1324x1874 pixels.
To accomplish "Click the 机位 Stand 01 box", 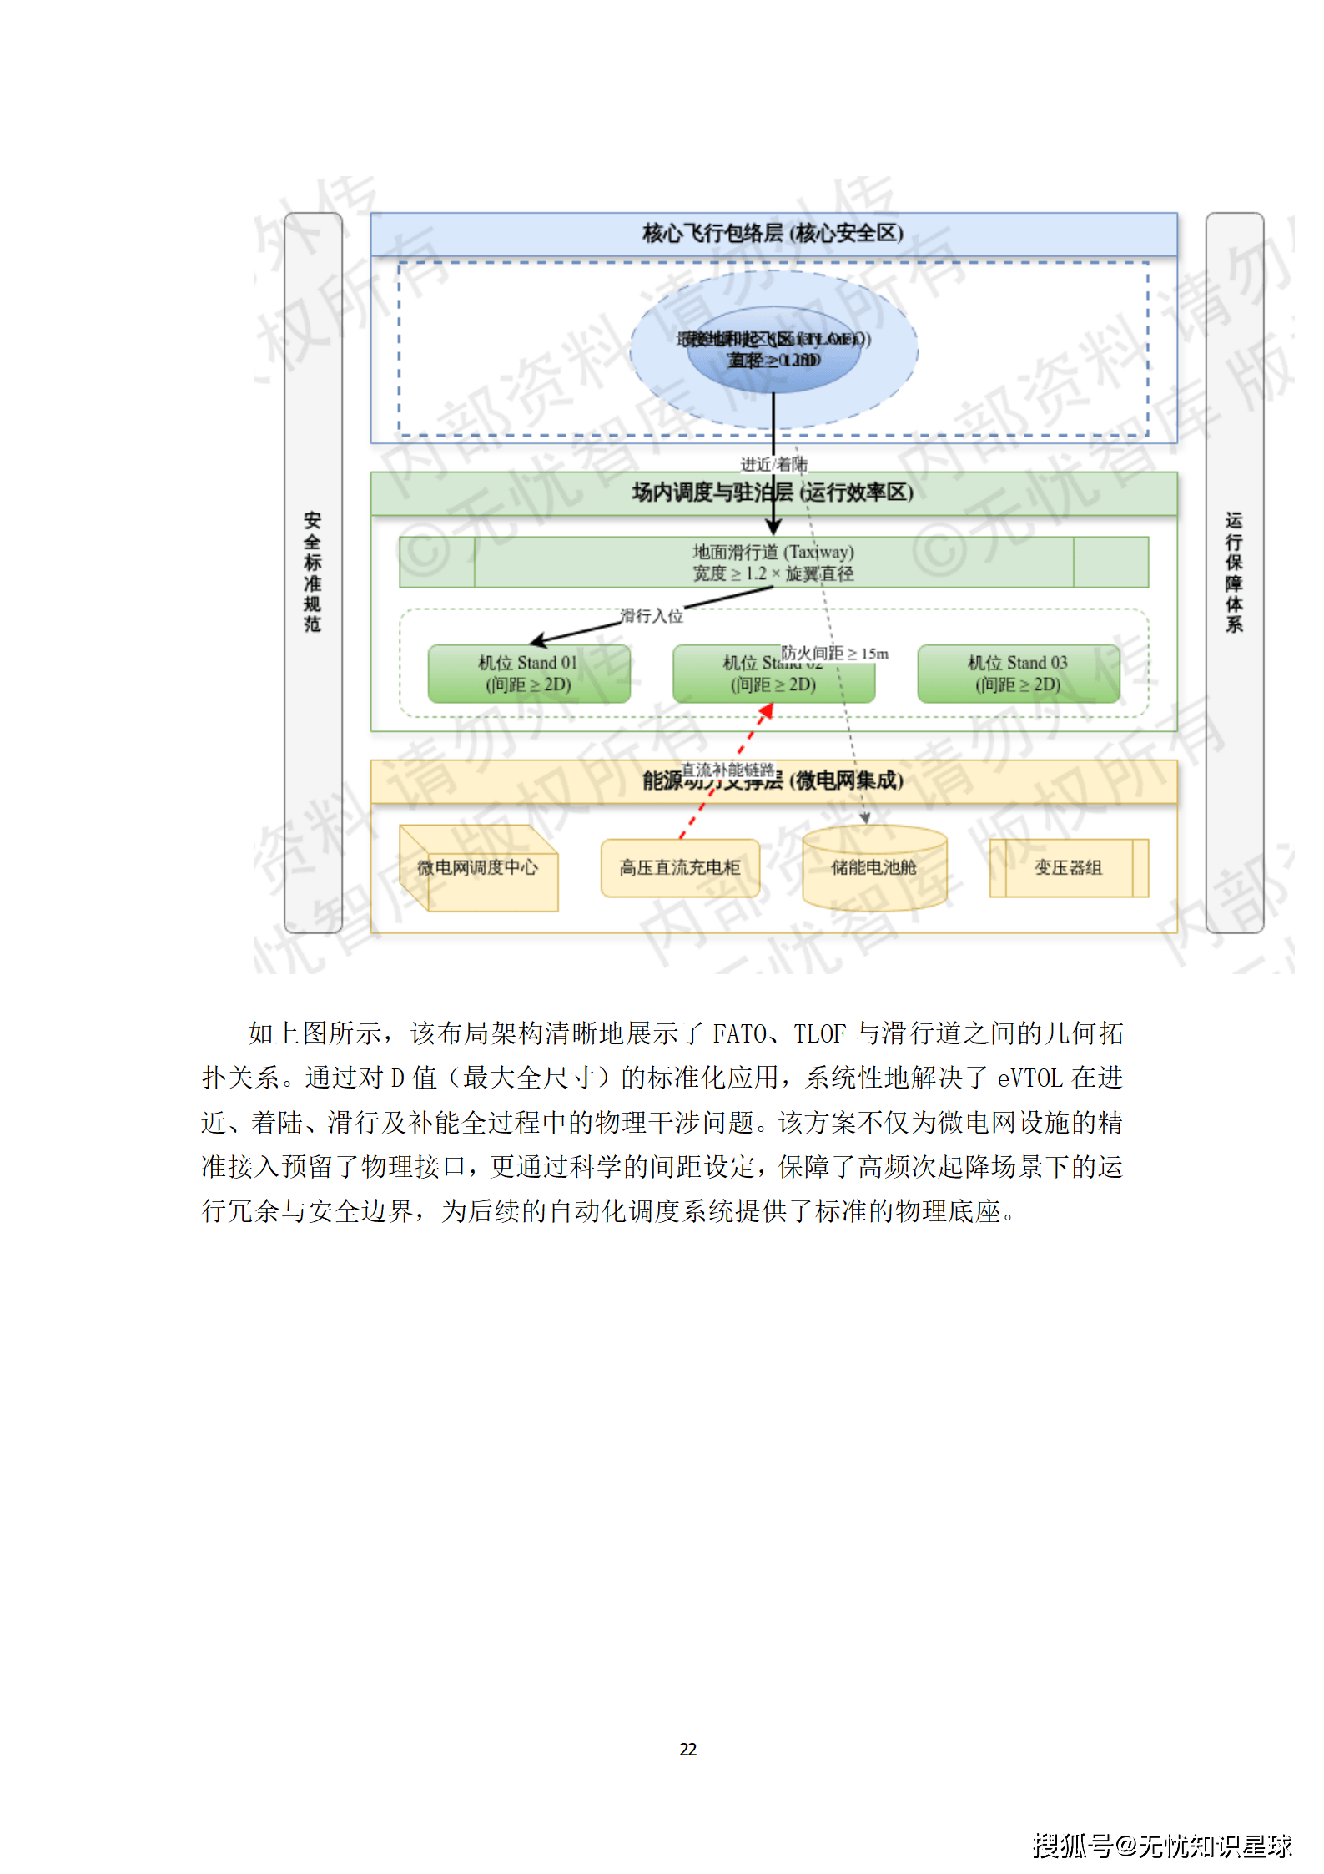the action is [528, 674].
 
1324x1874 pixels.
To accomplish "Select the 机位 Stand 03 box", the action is [1018, 674].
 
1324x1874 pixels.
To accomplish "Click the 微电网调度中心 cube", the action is [478, 868].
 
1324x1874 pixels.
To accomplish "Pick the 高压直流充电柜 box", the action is [680, 868].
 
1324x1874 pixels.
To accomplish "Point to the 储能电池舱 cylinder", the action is [873, 868].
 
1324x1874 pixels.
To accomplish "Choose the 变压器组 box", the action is [1068, 868].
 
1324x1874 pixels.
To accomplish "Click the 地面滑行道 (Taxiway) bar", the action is [773, 563].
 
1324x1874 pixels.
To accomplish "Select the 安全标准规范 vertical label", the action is [313, 572].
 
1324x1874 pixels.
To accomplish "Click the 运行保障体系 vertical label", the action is [1234, 572].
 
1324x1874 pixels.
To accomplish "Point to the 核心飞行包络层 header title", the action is [773, 234].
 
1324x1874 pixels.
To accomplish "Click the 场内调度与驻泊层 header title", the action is [773, 493].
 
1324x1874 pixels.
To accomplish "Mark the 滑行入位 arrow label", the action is [652, 616].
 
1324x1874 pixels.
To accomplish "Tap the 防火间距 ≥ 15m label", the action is [834, 654].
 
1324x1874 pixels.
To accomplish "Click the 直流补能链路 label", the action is [728, 770].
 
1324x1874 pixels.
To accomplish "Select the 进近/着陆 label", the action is [773, 464].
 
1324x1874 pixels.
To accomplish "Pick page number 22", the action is [688, 1750].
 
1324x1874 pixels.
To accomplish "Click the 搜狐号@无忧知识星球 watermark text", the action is [1162, 1845].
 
